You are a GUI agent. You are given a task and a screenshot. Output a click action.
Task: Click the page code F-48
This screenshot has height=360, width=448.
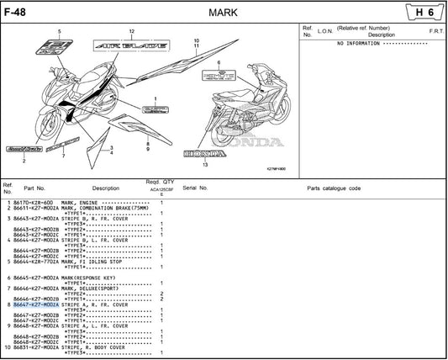click(x=14, y=11)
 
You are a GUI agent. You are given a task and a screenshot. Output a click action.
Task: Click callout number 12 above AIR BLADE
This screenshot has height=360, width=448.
click(x=131, y=31)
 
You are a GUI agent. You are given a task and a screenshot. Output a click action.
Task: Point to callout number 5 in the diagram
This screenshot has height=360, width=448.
click(x=60, y=32)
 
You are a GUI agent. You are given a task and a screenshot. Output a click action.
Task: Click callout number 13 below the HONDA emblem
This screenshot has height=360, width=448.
click(x=204, y=165)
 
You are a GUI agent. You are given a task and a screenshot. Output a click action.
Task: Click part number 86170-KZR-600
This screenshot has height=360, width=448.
click(x=34, y=203)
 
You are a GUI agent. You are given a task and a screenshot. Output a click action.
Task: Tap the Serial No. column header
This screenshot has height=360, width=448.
click(x=195, y=188)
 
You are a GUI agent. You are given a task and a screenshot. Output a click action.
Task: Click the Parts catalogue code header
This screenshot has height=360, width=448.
click(x=333, y=188)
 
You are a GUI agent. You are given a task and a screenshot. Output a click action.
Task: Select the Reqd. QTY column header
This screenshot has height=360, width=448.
click(x=159, y=182)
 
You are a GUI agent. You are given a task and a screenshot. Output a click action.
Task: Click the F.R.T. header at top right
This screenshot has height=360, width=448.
click(x=436, y=31)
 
